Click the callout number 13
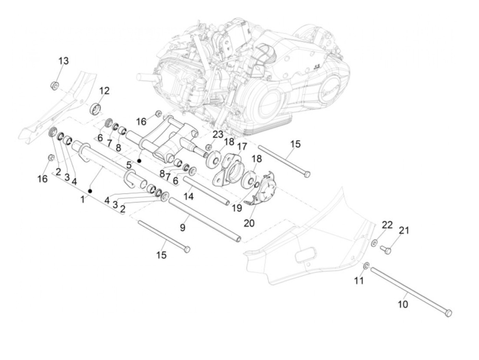point(63,61)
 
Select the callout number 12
point(104,91)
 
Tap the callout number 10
point(403,304)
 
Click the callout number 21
point(404,230)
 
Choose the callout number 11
point(359,281)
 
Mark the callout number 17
point(242,146)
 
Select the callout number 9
point(183,227)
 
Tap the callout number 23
point(218,134)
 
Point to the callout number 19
point(237,208)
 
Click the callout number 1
point(82,199)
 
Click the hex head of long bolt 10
point(449,312)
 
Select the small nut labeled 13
point(54,85)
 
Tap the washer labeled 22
point(375,243)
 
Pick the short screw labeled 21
point(387,251)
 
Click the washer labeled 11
point(366,265)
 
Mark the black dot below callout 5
point(139,160)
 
